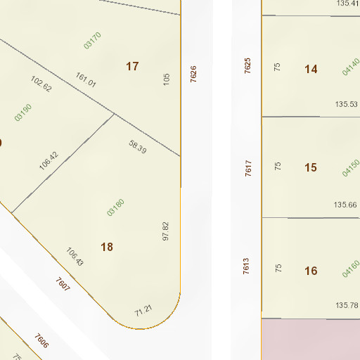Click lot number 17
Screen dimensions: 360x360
coord(132,66)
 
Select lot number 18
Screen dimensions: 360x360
coord(107,247)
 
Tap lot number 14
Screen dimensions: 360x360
coord(311,69)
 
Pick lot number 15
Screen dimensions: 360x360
coord(311,167)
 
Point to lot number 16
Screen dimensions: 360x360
coord(311,271)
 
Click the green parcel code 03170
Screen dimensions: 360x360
coord(92,40)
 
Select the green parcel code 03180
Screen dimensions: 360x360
coord(115,207)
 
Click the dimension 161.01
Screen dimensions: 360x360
coord(86,79)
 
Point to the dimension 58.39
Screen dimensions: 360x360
coord(138,147)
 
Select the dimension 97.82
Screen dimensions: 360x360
coord(166,231)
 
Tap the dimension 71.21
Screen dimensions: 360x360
coord(143,309)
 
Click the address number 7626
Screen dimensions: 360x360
coord(193,74)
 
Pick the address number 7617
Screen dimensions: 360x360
coord(248,168)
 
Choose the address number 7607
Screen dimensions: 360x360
coord(63,285)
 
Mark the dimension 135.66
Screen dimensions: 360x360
coord(345,205)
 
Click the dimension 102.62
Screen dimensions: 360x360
coord(41,84)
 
